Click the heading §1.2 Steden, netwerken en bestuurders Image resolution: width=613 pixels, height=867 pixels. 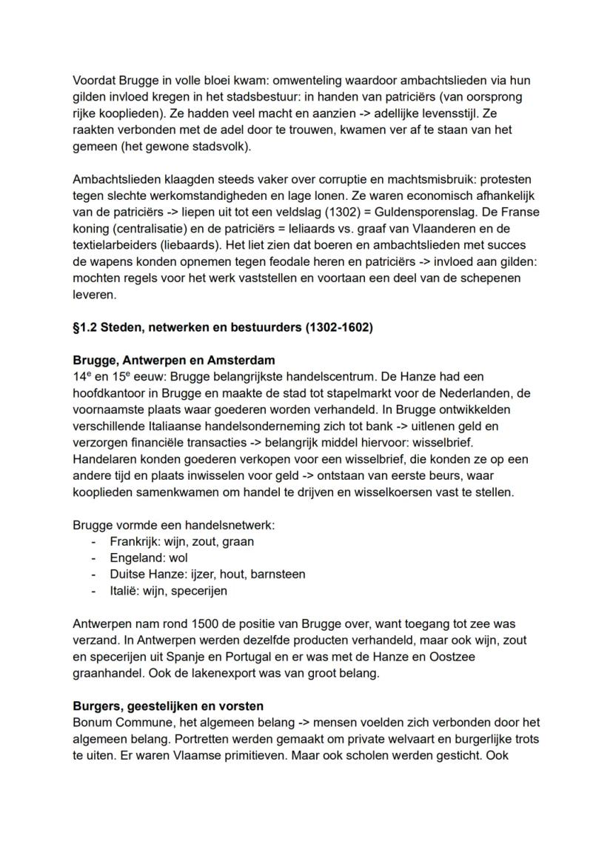pos(222,327)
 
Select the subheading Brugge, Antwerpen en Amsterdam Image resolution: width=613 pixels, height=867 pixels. pos(174,361)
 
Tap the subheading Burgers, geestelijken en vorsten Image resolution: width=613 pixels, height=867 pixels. pos(168,706)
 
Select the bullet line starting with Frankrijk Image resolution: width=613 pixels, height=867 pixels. pos(181,541)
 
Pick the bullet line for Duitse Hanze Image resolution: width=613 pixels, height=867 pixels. pos(207,574)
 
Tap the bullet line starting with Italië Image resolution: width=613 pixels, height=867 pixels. pos(168,590)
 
